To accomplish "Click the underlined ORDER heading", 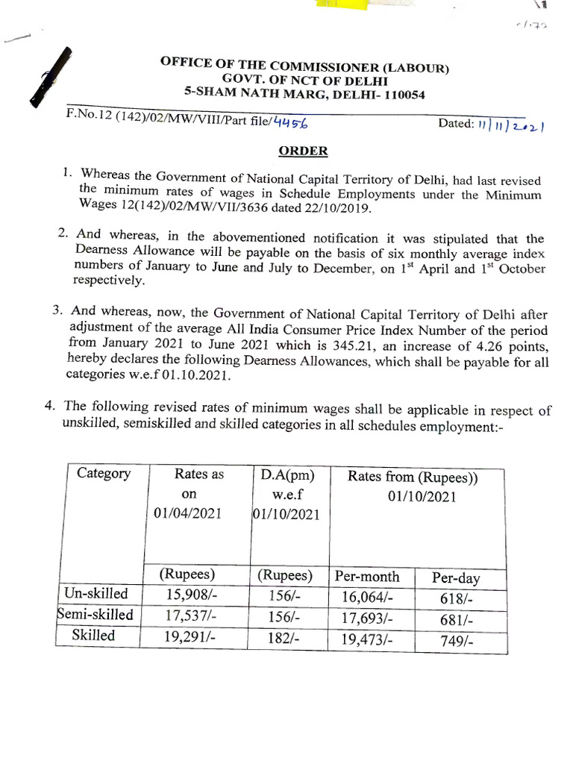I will pos(303,151).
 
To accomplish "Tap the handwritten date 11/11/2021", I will pos(510,125).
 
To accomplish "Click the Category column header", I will pos(104,474).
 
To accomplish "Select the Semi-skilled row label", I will pos(96,615).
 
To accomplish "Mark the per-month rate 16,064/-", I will pos(367,598).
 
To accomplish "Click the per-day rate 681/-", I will pos(459,619).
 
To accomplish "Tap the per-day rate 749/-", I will pos(459,640).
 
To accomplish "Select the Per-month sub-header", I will pos(367,576).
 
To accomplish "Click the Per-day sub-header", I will pos(457,577).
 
